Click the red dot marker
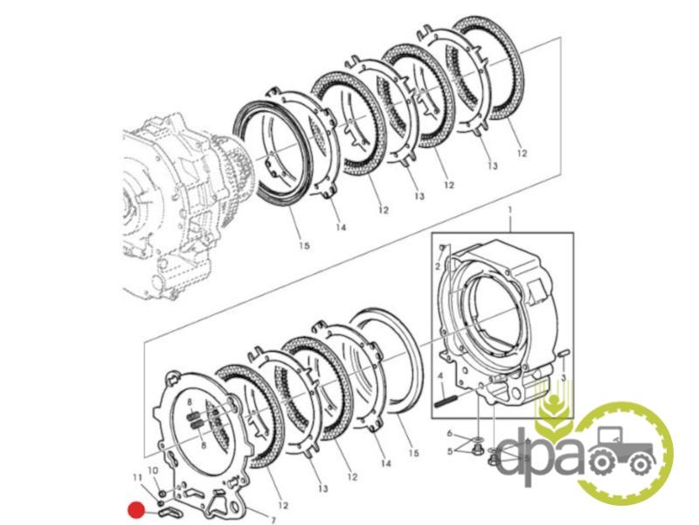coord(136,510)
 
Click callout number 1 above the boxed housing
coord(510,209)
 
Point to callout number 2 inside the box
coord(438,267)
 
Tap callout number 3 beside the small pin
coord(564,378)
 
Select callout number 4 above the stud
coord(440,375)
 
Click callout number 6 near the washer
coord(450,433)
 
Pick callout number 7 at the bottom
coord(273,520)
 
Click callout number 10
coord(153,471)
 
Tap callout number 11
coord(138,477)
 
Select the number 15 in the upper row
coord(304,246)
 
